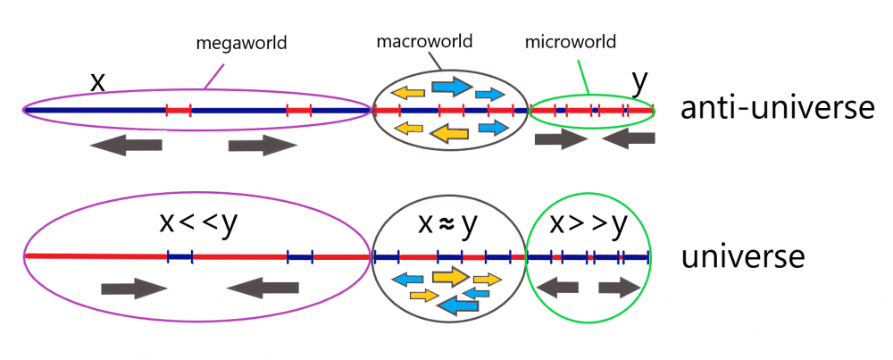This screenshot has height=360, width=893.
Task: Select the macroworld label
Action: pyautogui.click(x=424, y=41)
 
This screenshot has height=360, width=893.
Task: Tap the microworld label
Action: pyautogui.click(x=570, y=41)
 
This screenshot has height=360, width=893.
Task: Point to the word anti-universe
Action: pyautogui.click(x=776, y=109)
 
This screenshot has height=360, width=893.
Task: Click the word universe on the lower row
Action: pyautogui.click(x=743, y=257)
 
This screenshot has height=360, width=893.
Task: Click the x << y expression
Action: pyautogui.click(x=198, y=223)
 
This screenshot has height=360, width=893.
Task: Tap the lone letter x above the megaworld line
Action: pyautogui.click(x=98, y=81)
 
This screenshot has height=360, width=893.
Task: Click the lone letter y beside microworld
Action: pyautogui.click(x=639, y=80)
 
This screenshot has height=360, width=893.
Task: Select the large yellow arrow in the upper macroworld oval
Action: pyautogui.click(x=450, y=133)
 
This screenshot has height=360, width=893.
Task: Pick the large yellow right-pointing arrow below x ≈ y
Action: pyautogui.click(x=450, y=276)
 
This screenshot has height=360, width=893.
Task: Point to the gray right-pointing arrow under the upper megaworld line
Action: pyautogui.click(x=262, y=145)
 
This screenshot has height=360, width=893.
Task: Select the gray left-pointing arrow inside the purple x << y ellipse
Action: pyautogui.click(x=263, y=288)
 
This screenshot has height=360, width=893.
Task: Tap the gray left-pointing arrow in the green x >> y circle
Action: pyautogui.click(x=562, y=288)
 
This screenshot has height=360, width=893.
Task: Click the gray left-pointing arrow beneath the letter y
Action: pyautogui.click(x=634, y=138)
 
